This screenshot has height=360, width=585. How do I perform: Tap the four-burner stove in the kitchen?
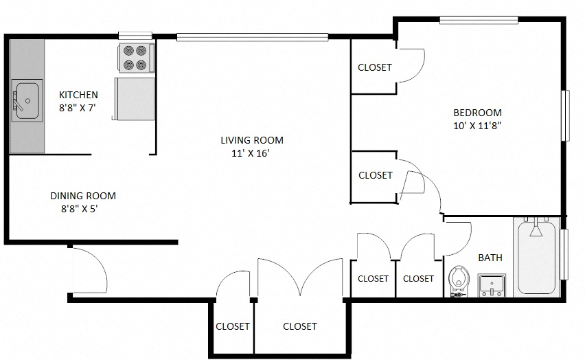coord(135,58)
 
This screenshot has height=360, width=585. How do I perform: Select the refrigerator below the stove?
coord(135,99)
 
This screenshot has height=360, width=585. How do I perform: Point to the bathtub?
coord(537,258)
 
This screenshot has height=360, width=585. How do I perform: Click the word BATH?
coord(490,258)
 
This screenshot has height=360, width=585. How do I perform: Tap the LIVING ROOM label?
coord(251,140)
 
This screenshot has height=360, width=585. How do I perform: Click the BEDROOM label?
coord(477,113)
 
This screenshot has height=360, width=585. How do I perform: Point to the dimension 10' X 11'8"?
coord(477,126)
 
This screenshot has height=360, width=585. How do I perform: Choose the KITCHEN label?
coord(78,95)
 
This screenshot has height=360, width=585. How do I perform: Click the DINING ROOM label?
coord(83,196)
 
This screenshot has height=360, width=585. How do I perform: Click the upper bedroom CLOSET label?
coord(375,67)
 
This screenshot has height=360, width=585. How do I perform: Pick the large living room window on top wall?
coord(252,37)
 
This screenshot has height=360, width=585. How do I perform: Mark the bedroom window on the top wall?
coord(479,20)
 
